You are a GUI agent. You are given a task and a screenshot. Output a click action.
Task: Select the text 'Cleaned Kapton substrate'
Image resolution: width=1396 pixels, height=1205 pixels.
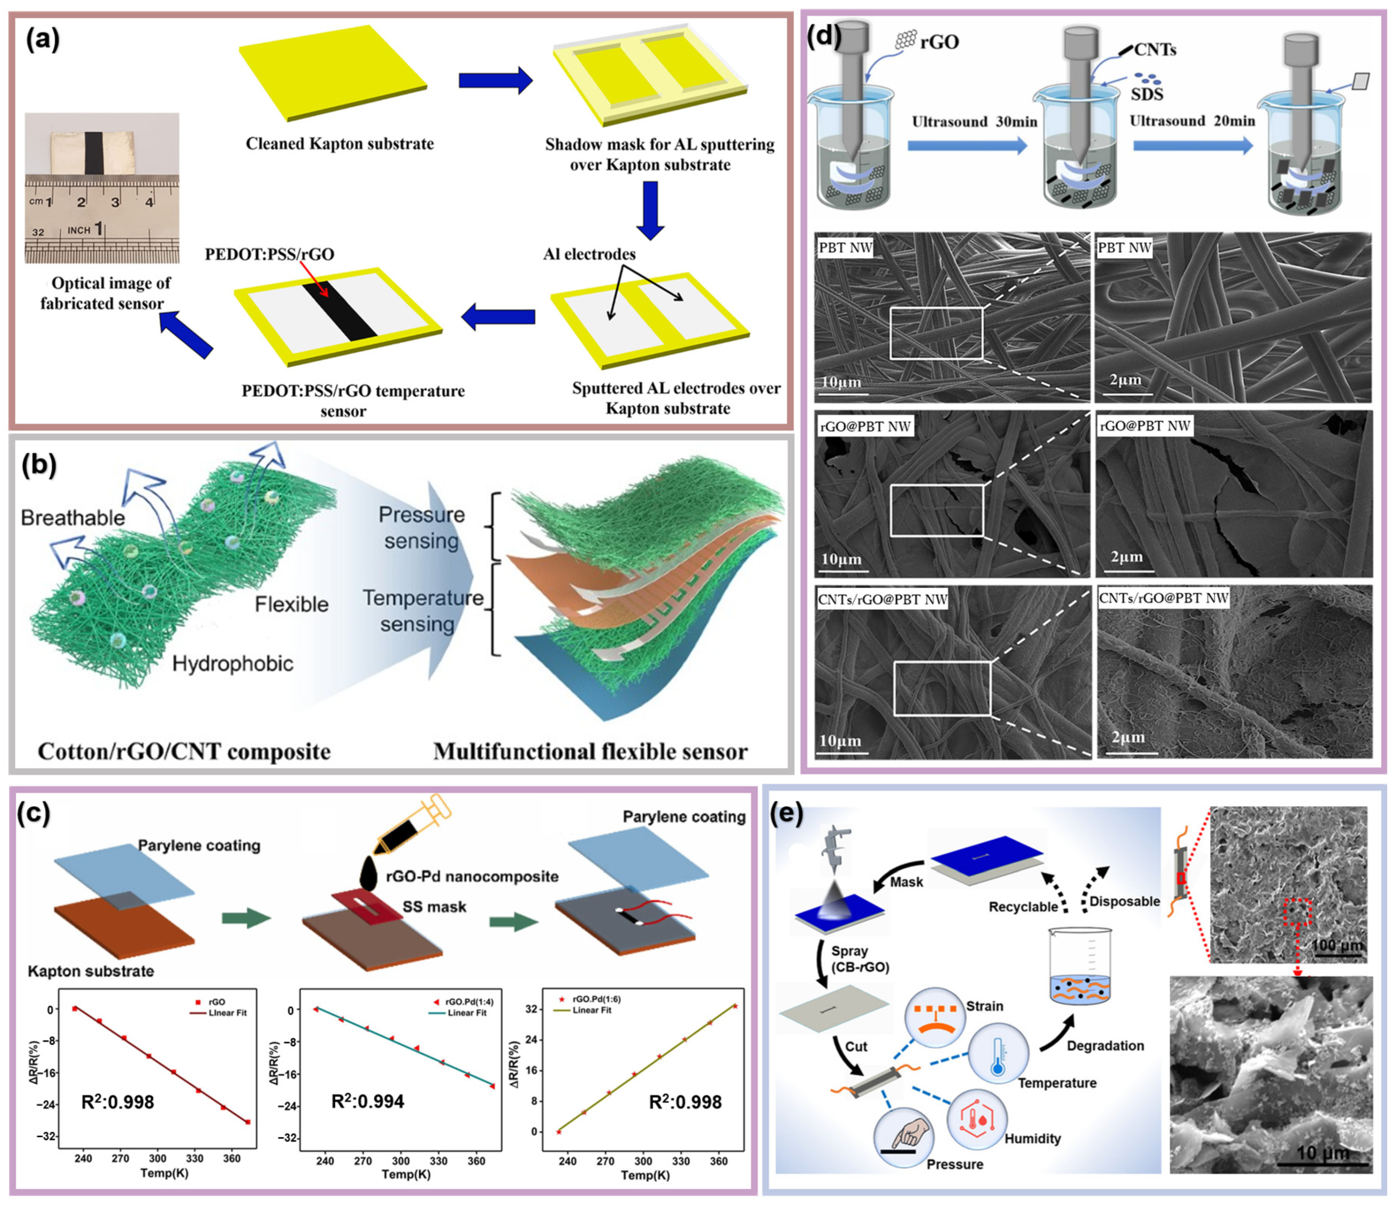point(339,144)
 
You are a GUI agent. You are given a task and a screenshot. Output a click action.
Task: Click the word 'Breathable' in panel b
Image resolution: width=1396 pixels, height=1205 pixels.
point(73,518)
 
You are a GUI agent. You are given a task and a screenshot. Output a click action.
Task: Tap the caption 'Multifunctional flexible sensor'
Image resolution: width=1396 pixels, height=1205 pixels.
point(590,752)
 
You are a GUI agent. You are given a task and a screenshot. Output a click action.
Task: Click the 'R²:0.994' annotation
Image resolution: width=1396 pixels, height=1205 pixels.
point(368,1101)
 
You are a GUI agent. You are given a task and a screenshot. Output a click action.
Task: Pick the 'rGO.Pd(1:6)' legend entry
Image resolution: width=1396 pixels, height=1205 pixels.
point(596,999)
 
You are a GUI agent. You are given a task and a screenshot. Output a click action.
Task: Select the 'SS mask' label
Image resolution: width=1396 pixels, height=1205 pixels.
point(434,906)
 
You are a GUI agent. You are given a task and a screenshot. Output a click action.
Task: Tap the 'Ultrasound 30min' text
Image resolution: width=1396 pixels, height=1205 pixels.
point(974,122)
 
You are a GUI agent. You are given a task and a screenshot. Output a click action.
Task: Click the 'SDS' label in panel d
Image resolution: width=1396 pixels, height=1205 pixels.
point(1147,94)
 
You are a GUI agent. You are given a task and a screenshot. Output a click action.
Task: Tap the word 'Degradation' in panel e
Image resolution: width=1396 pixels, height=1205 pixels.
point(1105,1046)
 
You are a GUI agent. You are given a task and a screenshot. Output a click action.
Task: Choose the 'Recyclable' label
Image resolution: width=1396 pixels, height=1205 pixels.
point(1023,906)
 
